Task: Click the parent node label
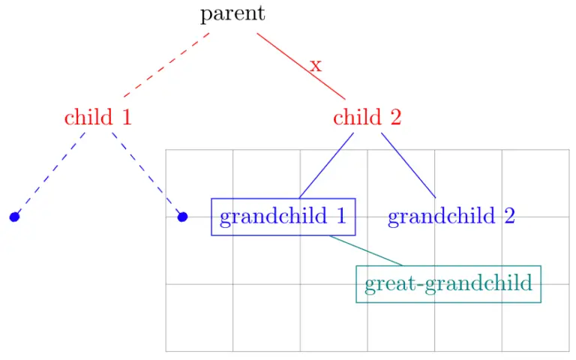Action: tap(232, 14)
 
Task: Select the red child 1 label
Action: tap(98, 118)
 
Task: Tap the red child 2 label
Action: tap(367, 118)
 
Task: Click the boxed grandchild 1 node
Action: tap(283, 217)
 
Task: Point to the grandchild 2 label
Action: tap(451, 217)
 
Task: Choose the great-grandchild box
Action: tap(448, 284)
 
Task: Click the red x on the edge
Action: tap(316, 65)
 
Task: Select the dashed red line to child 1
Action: tap(166, 65)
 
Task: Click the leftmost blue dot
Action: tap(13, 217)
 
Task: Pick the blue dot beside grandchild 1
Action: tap(181, 217)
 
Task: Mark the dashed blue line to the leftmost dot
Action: tap(49, 175)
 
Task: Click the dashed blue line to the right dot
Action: tap(147, 175)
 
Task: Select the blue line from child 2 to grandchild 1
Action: tap(326, 166)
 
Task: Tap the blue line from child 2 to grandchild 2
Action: tap(408, 165)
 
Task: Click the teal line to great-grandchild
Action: tap(366, 250)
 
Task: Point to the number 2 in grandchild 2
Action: tap(508, 217)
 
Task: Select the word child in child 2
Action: tap(357, 118)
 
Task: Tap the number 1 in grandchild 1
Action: tap(340, 217)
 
